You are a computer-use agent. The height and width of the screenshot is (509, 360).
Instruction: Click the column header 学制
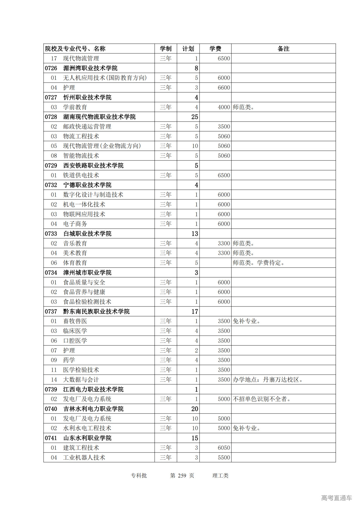point(166,49)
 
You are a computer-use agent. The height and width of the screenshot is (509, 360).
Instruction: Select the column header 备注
point(283,49)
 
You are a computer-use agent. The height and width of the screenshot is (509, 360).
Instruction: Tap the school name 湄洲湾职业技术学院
point(90,68)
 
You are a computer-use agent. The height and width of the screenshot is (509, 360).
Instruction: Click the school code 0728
point(51,117)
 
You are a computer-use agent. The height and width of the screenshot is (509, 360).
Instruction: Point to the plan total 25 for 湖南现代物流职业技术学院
point(195,117)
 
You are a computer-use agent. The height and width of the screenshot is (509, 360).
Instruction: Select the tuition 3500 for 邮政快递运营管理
point(224,127)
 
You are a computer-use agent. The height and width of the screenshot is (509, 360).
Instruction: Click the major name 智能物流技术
point(81,156)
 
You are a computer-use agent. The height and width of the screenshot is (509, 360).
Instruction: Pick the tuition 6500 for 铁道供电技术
point(224,175)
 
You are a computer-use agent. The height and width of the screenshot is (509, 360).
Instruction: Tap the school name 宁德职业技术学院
point(87,185)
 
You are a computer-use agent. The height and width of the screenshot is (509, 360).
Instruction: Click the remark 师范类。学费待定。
point(259,263)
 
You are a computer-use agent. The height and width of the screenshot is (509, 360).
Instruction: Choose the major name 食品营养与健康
point(84,292)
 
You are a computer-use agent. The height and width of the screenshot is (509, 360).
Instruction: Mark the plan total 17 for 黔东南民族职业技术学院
point(195,311)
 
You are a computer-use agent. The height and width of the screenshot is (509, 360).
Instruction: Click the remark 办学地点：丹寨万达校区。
point(268,380)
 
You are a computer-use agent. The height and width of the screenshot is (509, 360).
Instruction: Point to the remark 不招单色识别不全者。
point(262,399)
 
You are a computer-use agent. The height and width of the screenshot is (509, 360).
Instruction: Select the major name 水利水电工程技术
point(87,428)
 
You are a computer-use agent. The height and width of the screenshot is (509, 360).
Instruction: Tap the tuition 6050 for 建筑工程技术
point(224,448)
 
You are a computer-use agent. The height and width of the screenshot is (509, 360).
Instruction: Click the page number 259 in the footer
point(182,476)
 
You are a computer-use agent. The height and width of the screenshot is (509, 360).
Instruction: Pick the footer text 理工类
point(220,476)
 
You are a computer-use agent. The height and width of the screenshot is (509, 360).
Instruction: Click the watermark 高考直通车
point(336,498)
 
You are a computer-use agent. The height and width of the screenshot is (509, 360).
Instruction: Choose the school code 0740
point(51,409)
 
